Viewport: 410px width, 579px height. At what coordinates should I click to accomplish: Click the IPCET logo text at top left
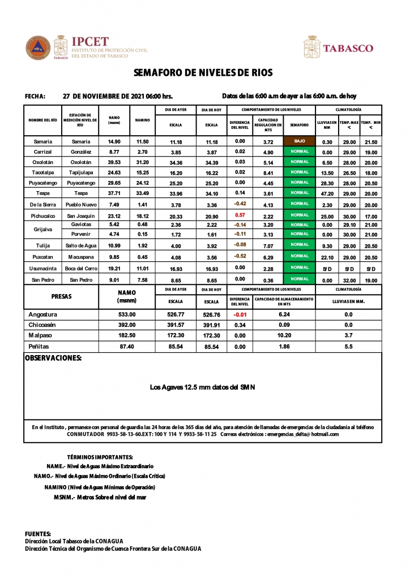pos(89,42)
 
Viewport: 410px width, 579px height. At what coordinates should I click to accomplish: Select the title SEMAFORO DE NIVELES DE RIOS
pos(203,73)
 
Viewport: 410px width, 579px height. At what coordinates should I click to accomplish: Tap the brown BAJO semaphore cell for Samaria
pos(299,141)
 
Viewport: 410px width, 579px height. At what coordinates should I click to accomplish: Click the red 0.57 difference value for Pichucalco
pos(240,215)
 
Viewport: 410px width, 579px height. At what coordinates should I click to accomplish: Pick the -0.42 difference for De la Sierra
pos(240,204)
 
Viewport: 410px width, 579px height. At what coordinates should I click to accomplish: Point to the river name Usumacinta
pos(43,267)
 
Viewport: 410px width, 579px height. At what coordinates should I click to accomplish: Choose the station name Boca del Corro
pos(80,267)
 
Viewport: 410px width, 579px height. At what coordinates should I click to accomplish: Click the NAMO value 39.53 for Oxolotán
pos(114,162)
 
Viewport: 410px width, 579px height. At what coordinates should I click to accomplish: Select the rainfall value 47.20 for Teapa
pos(327,193)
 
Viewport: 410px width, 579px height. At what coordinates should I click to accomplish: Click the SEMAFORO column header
pos(299,125)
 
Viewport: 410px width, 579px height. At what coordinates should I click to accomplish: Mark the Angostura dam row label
pos(43,314)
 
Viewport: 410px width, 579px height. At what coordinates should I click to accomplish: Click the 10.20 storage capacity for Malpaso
pos(284,335)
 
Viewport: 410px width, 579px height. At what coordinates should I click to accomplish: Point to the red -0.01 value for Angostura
pos(240,314)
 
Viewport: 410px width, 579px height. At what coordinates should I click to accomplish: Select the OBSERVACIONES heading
pos(53,358)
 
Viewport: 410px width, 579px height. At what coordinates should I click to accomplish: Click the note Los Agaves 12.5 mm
pos(202,387)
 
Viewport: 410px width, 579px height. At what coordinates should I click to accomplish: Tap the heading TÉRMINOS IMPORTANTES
pos(100,457)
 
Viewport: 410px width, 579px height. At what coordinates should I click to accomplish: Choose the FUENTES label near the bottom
pos(38,534)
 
